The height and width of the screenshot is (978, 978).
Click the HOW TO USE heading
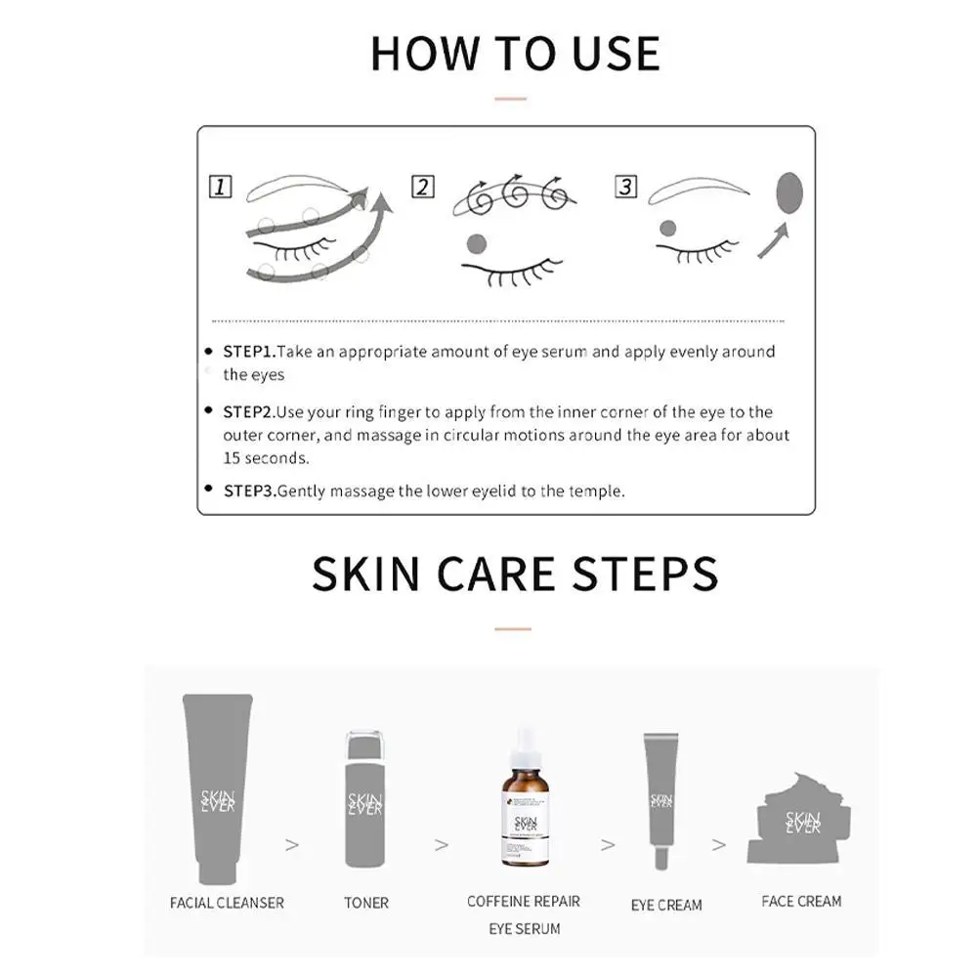[515, 53]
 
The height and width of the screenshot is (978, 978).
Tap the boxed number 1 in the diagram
[221, 187]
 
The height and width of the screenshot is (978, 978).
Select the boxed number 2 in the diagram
[422, 187]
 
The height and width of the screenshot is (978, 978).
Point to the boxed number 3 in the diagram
[626, 187]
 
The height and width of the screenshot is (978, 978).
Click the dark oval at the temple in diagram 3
[788, 192]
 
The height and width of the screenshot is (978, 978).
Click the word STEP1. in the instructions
[250, 352]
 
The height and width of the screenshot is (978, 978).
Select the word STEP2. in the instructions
[250, 412]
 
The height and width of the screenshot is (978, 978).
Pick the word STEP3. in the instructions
[250, 491]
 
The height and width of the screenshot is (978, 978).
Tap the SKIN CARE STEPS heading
[515, 574]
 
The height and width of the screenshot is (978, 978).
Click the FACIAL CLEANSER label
[228, 903]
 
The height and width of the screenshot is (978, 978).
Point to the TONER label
[366, 903]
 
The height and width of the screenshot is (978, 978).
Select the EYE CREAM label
[666, 905]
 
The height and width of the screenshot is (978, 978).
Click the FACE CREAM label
[801, 901]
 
